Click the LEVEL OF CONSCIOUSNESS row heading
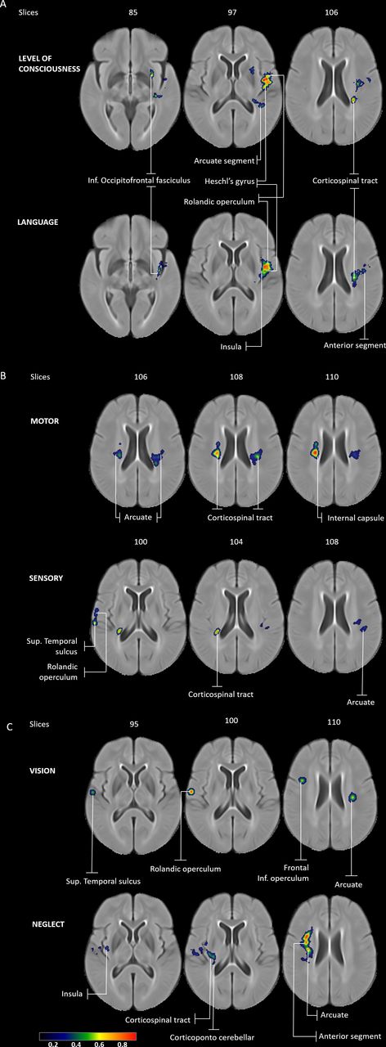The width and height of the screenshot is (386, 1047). tap(49, 64)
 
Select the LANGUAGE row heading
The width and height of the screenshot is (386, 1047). tap(38, 222)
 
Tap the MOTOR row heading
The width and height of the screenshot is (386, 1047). tap(45, 420)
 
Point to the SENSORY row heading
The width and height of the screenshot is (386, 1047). tap(46, 577)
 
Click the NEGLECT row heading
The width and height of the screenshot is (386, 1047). tap(48, 924)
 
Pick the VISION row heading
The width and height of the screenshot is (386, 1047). tap(43, 771)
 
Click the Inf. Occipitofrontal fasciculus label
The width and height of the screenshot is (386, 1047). tap(139, 180)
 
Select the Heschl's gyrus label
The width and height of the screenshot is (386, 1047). tap(230, 181)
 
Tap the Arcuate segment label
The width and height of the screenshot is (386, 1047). tap(224, 161)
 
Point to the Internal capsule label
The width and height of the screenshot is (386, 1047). tap(356, 518)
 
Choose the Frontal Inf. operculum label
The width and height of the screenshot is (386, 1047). tap(283, 873)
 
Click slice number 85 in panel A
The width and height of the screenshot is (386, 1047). tap(133, 12)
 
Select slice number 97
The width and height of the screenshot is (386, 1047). tap(232, 12)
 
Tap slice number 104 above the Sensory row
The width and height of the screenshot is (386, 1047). tap(236, 541)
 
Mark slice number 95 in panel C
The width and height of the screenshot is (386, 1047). tap(134, 724)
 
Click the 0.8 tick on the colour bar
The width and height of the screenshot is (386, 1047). tap(123, 1044)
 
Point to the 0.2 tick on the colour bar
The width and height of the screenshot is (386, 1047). tap(53, 1044)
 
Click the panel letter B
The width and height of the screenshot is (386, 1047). tap(3, 375)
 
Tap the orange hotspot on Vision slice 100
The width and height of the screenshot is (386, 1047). tap(191, 791)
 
